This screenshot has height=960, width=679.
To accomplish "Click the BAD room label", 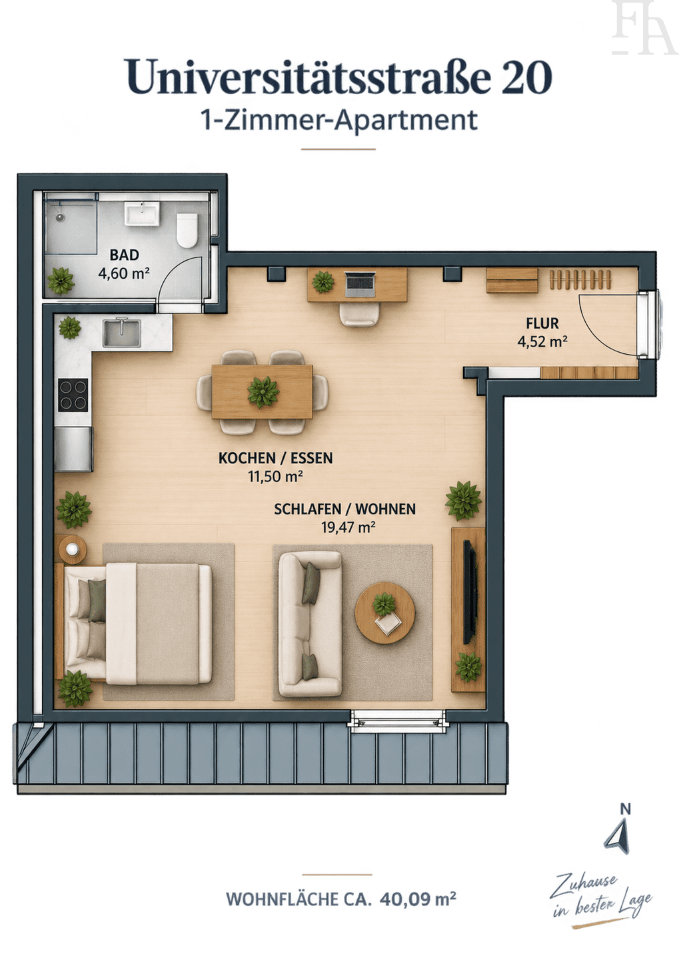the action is pyautogui.click(x=124, y=255).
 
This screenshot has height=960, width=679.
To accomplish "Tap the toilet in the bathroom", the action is pyautogui.click(x=187, y=231).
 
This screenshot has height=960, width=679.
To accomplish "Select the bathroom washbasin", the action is pyautogui.click(x=142, y=214).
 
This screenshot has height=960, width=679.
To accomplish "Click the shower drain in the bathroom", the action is pyautogui.click(x=61, y=217).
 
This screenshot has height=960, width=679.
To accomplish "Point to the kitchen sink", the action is pyautogui.click(x=122, y=333).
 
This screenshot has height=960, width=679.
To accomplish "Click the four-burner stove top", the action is pyautogui.click(x=73, y=395).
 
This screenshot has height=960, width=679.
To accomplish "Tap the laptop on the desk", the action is pyautogui.click(x=360, y=285).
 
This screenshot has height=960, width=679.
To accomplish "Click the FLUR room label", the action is pyautogui.click(x=542, y=323).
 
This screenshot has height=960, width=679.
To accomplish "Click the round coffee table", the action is pyautogui.click(x=385, y=613).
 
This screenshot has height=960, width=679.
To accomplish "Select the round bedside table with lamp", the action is pyautogui.click(x=73, y=549).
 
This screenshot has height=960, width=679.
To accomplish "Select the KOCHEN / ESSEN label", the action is pyautogui.click(x=275, y=458).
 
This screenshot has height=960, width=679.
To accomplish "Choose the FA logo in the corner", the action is pyautogui.click(x=644, y=27).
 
